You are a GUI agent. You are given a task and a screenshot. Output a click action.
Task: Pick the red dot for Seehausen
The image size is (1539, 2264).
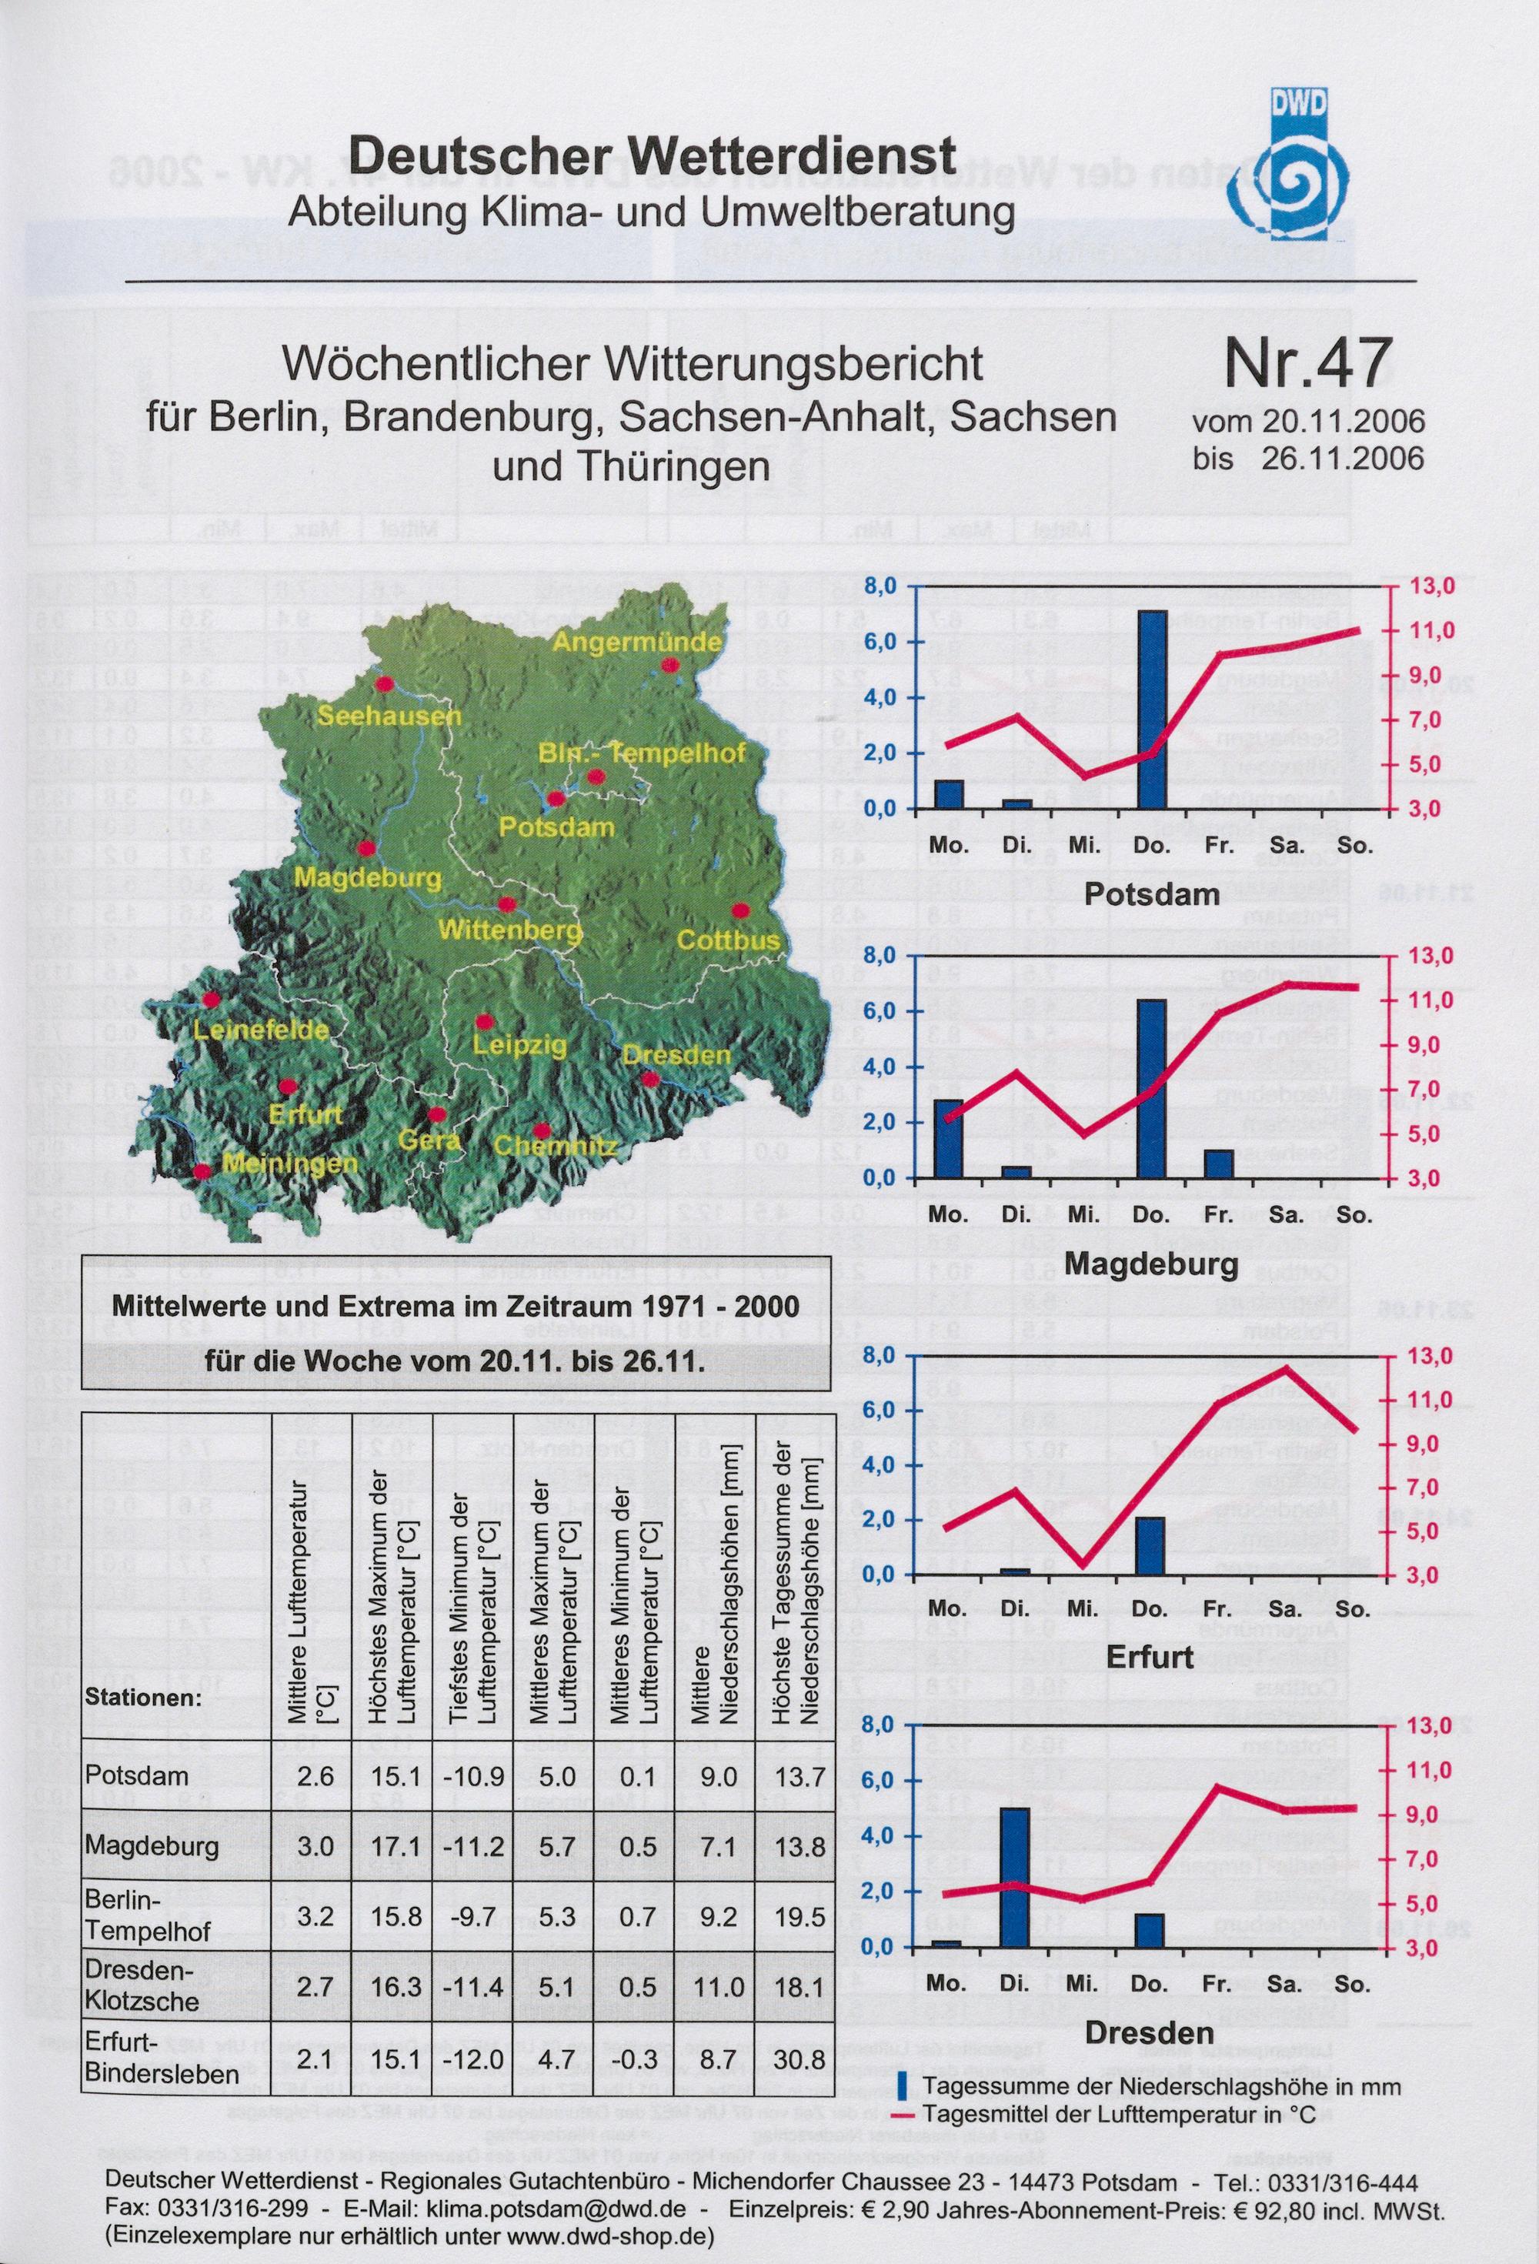pos(384,685)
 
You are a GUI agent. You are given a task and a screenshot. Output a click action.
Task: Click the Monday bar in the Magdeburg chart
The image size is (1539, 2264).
pos(948,1138)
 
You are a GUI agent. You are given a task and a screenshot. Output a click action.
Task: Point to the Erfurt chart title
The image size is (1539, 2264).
pos(1150,1658)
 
